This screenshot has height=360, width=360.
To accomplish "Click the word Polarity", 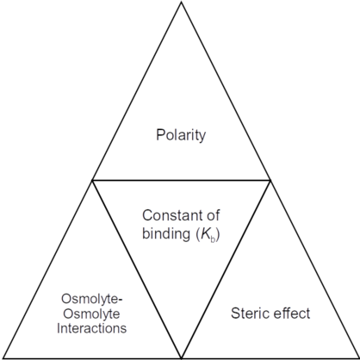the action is [181, 135].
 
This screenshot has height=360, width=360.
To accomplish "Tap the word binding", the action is [166, 234].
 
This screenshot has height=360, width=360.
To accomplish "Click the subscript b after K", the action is [213, 239].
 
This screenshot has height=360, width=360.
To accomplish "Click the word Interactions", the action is [91, 328].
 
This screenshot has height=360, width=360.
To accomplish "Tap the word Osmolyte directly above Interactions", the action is [91, 313].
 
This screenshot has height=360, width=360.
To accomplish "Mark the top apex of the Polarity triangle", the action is [181, 3].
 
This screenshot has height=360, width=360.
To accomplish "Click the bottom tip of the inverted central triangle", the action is [181, 357].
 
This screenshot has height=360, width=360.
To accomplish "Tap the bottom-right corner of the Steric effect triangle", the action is [358, 357].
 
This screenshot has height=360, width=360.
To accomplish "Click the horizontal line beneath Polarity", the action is [181, 180].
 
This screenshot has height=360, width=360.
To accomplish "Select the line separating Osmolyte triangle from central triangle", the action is [137, 269].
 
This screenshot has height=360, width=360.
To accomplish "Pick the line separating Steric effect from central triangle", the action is [226, 269].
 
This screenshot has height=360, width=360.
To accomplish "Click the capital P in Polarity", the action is [160, 134].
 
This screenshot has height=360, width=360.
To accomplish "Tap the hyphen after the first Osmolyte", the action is [121, 301].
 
